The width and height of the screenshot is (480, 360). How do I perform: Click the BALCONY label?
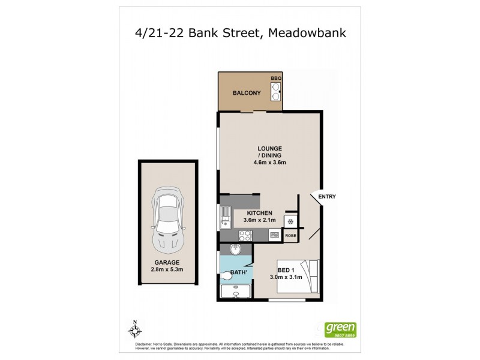tap(246, 93)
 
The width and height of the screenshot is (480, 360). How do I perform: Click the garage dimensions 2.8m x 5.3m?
tap(166, 269)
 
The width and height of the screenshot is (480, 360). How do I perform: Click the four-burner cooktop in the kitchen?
tap(244, 236)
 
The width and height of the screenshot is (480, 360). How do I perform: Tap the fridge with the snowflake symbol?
tap(291, 220)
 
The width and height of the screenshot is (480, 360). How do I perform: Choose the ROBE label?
tap(291, 236)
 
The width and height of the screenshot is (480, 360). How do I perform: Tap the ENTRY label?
tap(327, 197)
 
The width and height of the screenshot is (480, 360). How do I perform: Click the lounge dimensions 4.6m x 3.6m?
tap(269, 162)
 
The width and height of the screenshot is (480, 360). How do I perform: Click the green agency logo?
tap(340, 329)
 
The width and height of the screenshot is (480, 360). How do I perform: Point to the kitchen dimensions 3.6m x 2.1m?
tap(259, 220)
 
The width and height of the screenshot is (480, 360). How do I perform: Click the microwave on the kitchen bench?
tap(274, 236)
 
